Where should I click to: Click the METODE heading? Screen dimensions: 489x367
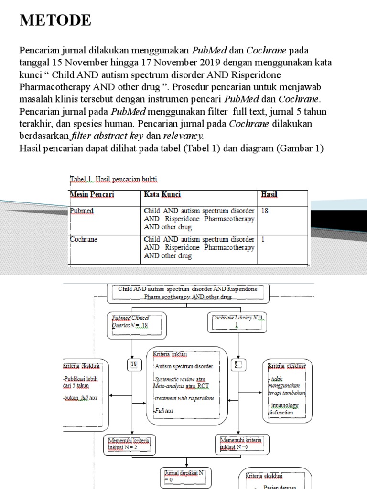click(55, 21)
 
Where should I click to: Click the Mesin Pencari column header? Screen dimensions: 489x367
click(92, 195)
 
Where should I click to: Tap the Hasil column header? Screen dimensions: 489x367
click(269, 195)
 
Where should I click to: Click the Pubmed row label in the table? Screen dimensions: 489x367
click(82, 211)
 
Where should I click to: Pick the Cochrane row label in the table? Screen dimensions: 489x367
click(84, 239)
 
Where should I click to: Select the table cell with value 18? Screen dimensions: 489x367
click(265, 211)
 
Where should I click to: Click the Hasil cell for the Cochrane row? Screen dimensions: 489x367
click(263, 239)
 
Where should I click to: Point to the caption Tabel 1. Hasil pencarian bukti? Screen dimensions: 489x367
click(114, 179)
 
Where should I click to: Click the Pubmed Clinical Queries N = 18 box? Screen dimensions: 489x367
click(137, 321)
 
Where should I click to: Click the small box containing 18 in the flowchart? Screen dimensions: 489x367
click(134, 365)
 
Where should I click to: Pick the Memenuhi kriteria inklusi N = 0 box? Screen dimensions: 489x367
click(240, 444)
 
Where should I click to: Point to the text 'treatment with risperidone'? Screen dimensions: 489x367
click(184, 398)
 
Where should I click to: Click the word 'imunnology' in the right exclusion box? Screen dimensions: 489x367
click(283, 405)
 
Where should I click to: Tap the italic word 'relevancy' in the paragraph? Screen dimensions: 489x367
click(183, 136)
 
